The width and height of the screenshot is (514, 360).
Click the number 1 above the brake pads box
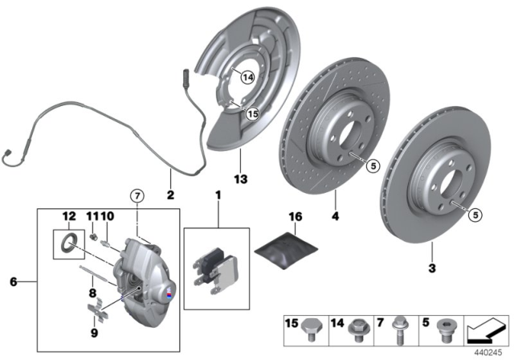(x=217, y=194)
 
